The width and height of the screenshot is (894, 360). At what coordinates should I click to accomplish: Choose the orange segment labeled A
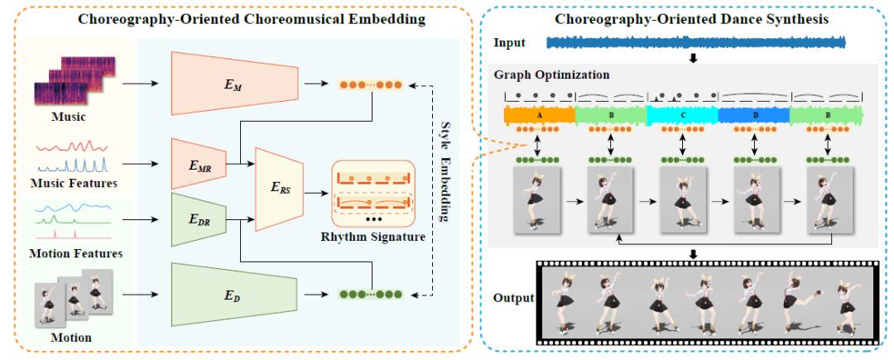[x=540, y=116]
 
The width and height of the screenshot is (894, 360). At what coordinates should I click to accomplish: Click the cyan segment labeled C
[x=684, y=116]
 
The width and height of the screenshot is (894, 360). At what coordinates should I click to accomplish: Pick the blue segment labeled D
[x=755, y=116]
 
